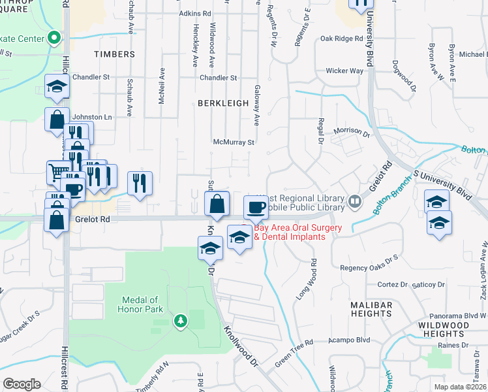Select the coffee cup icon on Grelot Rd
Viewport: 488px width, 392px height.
256,208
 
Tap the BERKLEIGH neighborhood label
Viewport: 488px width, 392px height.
224,103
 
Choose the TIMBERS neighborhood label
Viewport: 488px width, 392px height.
114,54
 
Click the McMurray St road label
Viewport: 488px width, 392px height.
233,142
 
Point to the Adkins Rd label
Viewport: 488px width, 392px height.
195,13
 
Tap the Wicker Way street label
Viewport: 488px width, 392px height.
344,71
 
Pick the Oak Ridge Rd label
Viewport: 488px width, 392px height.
341,39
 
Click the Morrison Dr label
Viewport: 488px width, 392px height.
351,131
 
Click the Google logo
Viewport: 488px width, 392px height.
22,384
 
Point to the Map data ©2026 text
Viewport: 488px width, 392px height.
461,387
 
